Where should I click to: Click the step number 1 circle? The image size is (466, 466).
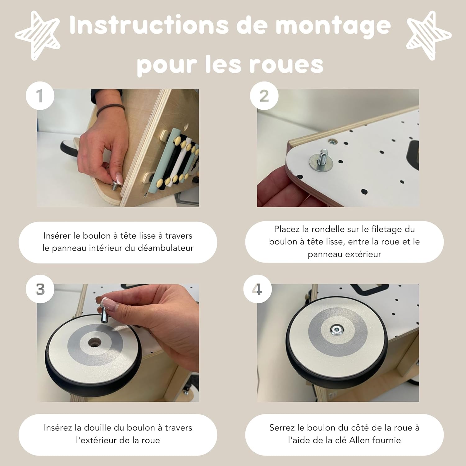tap(40, 96)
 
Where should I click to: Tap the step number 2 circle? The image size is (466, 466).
tap(264, 96)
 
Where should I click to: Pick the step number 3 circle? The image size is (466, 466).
tap(40, 289)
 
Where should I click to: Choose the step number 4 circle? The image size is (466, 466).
tap(257, 289)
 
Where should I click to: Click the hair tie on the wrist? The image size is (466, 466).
tap(110, 110)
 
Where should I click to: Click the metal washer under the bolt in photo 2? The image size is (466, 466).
tap(320, 163)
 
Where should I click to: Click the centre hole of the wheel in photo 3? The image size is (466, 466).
tap(94, 343)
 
